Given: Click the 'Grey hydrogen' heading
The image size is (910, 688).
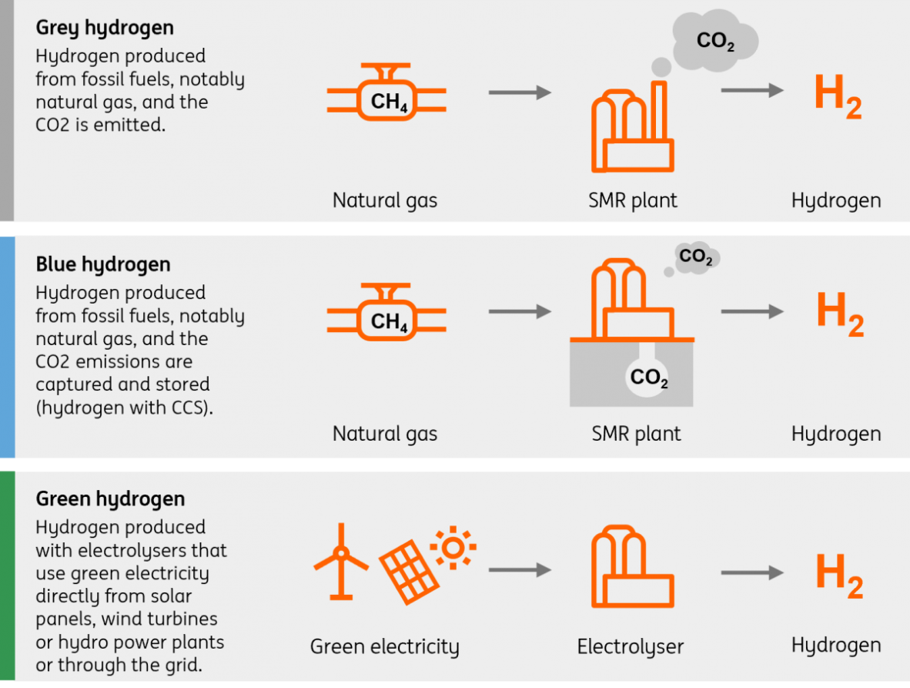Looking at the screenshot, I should (x=105, y=29).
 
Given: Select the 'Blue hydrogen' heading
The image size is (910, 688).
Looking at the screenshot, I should (x=103, y=265).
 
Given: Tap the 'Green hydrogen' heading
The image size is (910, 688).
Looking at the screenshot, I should (x=110, y=499).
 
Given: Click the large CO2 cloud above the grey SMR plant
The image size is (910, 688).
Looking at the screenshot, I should (x=714, y=42).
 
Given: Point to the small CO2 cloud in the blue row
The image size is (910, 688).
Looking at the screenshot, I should (x=696, y=257).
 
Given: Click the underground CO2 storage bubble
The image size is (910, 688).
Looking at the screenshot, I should (x=648, y=378).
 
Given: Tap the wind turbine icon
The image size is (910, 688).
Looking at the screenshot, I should (x=340, y=560).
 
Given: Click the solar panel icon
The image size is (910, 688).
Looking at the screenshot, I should (x=407, y=573).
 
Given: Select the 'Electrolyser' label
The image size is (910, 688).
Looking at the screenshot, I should (x=630, y=647).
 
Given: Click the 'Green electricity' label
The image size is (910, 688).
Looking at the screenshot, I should (x=384, y=647).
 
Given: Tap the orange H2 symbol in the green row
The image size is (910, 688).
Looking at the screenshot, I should (x=838, y=576).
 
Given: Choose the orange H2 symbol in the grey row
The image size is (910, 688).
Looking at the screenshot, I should (x=838, y=98).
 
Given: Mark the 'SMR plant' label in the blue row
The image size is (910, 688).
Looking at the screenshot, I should (x=636, y=434).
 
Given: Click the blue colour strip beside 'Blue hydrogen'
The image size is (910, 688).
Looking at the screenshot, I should (x=7, y=347).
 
